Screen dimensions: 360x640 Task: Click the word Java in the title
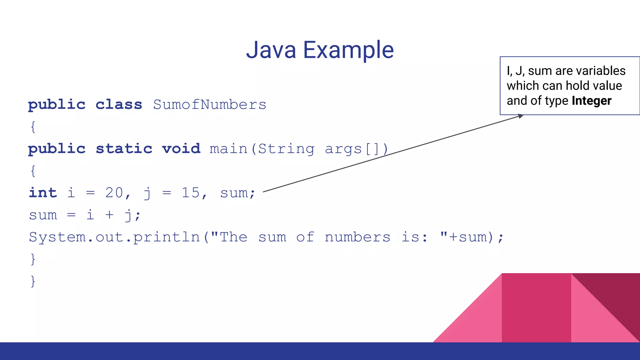coord(271,50)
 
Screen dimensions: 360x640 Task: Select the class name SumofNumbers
coord(209,105)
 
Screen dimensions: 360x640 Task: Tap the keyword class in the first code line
coord(119,105)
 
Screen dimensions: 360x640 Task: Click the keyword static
coord(124,149)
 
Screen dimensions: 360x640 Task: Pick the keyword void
coord(181,149)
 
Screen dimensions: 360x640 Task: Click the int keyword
coord(43,193)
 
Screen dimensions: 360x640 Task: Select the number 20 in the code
coord(114,193)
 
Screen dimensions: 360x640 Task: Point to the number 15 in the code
coord(191,193)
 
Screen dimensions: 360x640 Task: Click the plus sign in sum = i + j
coord(109,215)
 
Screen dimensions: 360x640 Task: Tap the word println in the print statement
coord(167,237)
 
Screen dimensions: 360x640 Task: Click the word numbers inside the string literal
coord(357,237)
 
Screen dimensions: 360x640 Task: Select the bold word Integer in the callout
coord(591,101)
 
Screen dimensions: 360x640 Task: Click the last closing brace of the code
coord(33,281)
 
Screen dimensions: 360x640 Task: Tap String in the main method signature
coord(286,149)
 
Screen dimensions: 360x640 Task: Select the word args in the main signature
coord(343,149)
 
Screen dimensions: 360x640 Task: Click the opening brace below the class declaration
coord(33,127)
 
